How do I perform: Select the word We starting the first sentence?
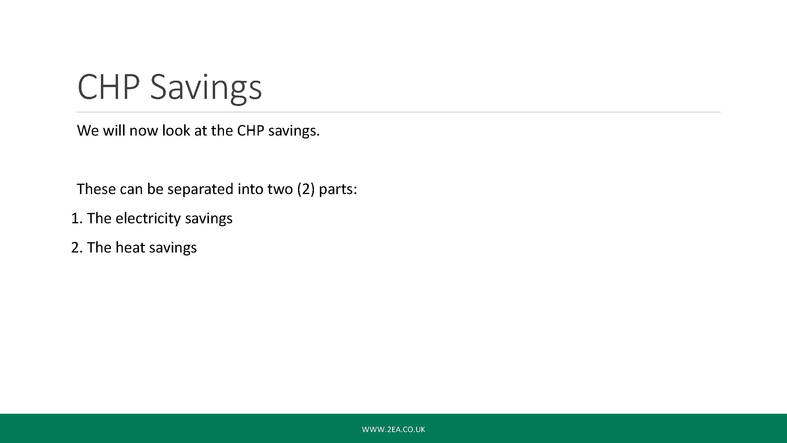[88, 131]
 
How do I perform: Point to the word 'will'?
[114, 130]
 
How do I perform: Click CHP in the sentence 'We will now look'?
[251, 131]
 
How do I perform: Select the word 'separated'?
[200, 189]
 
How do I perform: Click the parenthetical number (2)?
[306, 189]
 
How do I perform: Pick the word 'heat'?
[130, 247]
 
